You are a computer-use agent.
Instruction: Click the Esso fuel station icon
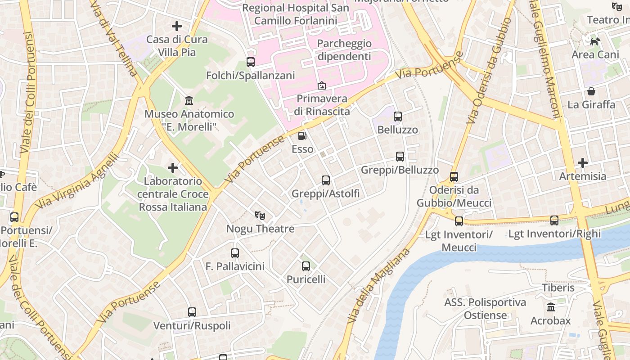302,135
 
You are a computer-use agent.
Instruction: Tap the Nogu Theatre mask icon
260,216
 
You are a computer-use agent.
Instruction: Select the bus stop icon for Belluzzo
398,117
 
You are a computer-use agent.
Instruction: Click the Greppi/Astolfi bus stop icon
326,180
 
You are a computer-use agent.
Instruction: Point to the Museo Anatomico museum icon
189,100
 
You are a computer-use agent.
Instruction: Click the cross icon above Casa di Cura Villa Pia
177,26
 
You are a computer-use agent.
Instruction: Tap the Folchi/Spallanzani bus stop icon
251,62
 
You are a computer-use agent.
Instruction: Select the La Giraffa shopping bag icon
591,91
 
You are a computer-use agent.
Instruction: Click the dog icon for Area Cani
595,41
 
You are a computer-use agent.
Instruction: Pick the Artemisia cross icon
583,162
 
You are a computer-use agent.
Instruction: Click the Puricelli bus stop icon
306,266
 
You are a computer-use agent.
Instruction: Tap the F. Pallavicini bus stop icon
235,253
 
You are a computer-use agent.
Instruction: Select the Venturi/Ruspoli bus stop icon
192,312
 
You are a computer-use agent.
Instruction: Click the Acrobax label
550,321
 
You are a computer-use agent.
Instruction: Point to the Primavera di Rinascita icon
322,85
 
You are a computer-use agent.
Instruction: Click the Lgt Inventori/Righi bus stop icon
554,220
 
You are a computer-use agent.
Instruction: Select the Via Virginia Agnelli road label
77,182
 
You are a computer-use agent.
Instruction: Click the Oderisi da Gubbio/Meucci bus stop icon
454,176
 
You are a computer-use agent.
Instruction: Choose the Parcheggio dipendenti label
344,50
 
